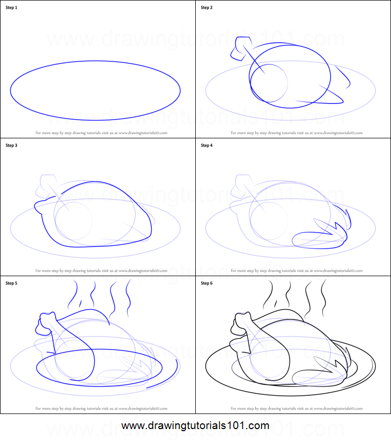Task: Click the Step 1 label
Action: (11, 8)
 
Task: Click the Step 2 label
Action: (207, 8)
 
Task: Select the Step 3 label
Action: (11, 146)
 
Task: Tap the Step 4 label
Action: (207, 146)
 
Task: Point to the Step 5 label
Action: (11, 283)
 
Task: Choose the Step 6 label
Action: (207, 283)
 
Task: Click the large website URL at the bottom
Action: (195, 425)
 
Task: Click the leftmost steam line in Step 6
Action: (270, 295)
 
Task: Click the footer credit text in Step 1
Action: (101, 133)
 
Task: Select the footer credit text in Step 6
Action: (296, 408)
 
